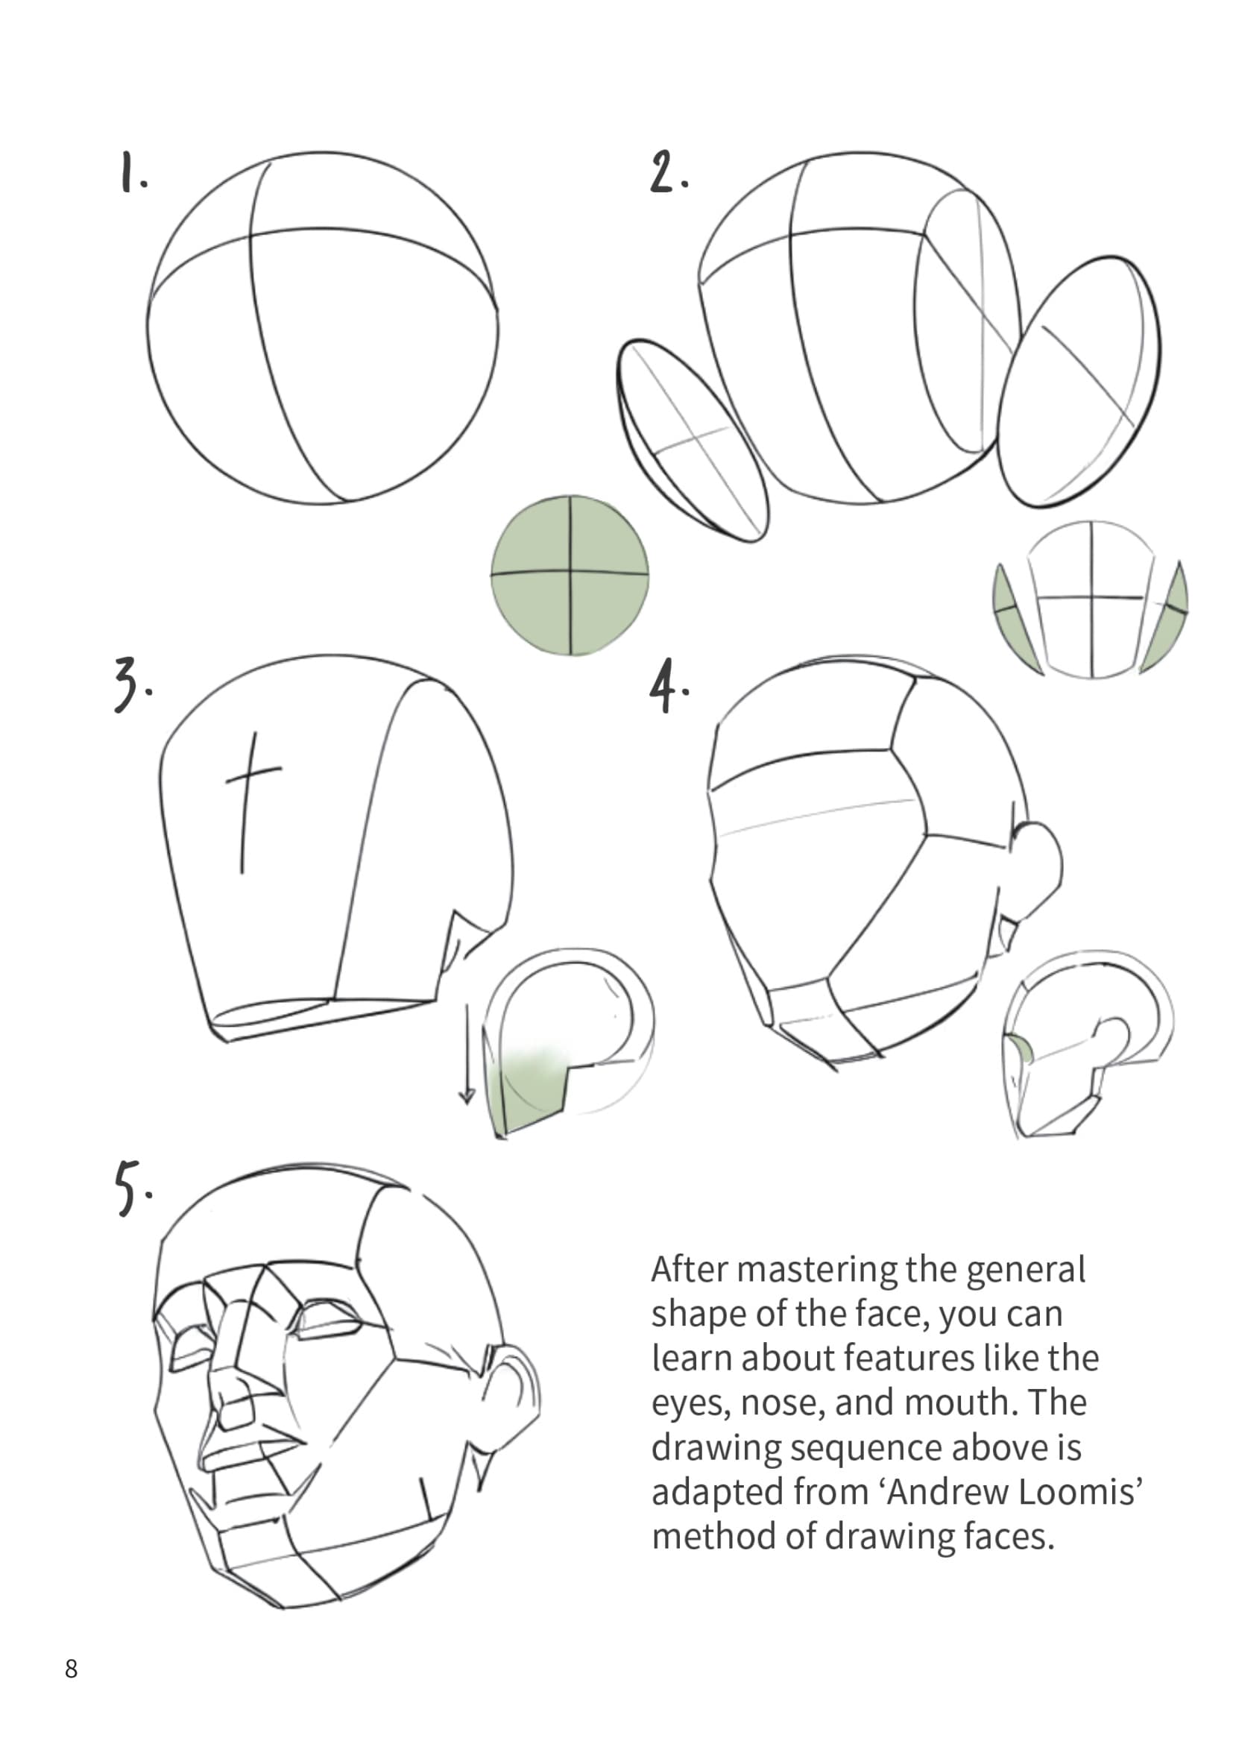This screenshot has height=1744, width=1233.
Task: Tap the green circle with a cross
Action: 570,575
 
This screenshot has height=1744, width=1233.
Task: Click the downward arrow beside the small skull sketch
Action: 466,1056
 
